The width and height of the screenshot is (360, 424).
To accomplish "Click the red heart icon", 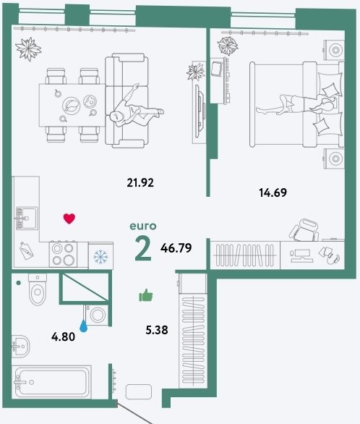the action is (69, 219).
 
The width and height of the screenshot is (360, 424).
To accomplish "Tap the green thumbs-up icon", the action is (146, 295).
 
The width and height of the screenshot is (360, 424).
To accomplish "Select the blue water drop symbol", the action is (83, 326).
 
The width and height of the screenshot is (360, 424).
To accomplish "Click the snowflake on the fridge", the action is (100, 257).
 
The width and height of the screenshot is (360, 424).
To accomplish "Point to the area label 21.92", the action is (140, 182).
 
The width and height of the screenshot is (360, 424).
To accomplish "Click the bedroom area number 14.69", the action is (273, 192).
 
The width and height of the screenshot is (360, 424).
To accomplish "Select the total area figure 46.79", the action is (176, 247).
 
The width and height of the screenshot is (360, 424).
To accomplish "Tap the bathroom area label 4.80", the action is (63, 337).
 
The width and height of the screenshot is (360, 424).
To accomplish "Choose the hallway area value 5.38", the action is (157, 330).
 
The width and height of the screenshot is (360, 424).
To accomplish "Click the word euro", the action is (143, 226).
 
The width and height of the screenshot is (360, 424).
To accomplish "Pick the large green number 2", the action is (143, 248).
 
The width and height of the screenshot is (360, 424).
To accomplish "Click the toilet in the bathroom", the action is (38, 289).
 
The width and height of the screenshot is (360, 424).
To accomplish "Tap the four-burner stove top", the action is (63, 255).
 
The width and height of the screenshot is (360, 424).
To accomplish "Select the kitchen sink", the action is (27, 219).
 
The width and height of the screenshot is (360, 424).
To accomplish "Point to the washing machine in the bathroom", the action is (97, 315).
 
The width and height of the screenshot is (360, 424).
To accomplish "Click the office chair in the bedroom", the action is (304, 230).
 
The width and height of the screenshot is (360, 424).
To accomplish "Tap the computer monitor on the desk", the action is (302, 255).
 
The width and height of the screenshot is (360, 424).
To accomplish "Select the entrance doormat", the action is (139, 391).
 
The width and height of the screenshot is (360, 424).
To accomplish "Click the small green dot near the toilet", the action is (18, 283).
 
